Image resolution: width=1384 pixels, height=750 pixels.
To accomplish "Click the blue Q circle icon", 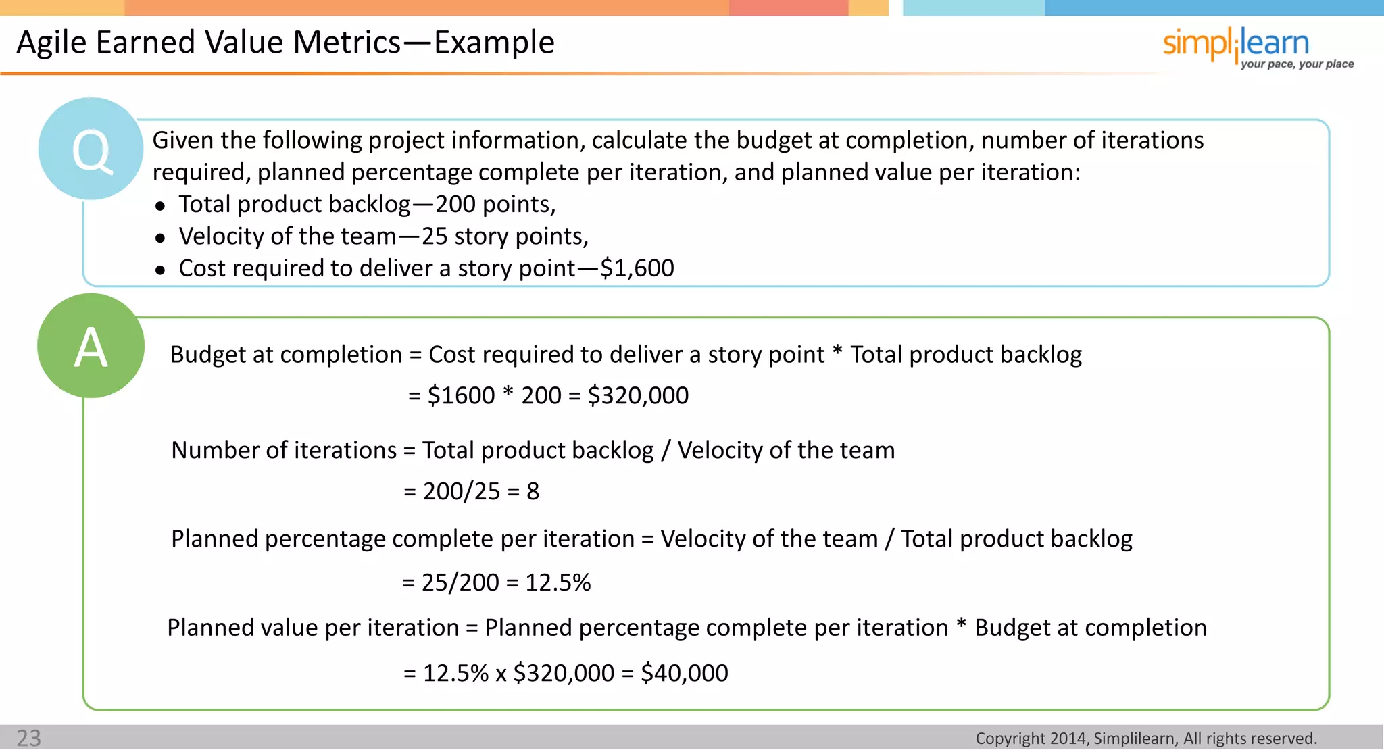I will tap(91, 149).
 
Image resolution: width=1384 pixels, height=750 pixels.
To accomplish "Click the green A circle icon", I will tap(91, 346).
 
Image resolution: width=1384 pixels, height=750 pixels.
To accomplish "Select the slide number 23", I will tap(28, 738).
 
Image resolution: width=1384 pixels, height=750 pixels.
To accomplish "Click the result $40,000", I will tap(684, 673).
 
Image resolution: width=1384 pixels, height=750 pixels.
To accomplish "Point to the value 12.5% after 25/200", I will tap(558, 582).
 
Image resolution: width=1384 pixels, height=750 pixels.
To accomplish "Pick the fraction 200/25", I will tap(462, 491).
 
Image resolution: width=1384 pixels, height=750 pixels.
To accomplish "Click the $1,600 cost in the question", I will tap(637, 268).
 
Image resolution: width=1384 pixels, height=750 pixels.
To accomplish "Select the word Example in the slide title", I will tap(494, 43).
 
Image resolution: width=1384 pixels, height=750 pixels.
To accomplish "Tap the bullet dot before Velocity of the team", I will tap(160, 238).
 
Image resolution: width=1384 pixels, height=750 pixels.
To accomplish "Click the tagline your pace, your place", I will tap(1297, 64).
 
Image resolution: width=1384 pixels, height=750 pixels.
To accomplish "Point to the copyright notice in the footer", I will tap(1146, 739).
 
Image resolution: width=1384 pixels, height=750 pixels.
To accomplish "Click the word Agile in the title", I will tap(51, 43).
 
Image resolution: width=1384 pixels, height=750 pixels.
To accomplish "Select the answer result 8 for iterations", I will tap(533, 491).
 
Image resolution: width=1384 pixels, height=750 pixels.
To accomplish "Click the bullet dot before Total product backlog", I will tap(160, 206).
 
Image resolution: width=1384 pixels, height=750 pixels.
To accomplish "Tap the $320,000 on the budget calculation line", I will tap(638, 395).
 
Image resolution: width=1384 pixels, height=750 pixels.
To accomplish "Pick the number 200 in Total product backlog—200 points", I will tap(455, 204).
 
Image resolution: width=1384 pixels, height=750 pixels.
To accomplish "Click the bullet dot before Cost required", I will tap(160, 270).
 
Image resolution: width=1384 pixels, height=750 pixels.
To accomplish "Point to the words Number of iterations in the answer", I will tap(284, 450).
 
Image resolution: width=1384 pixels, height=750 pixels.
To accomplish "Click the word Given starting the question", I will tap(182, 141).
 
